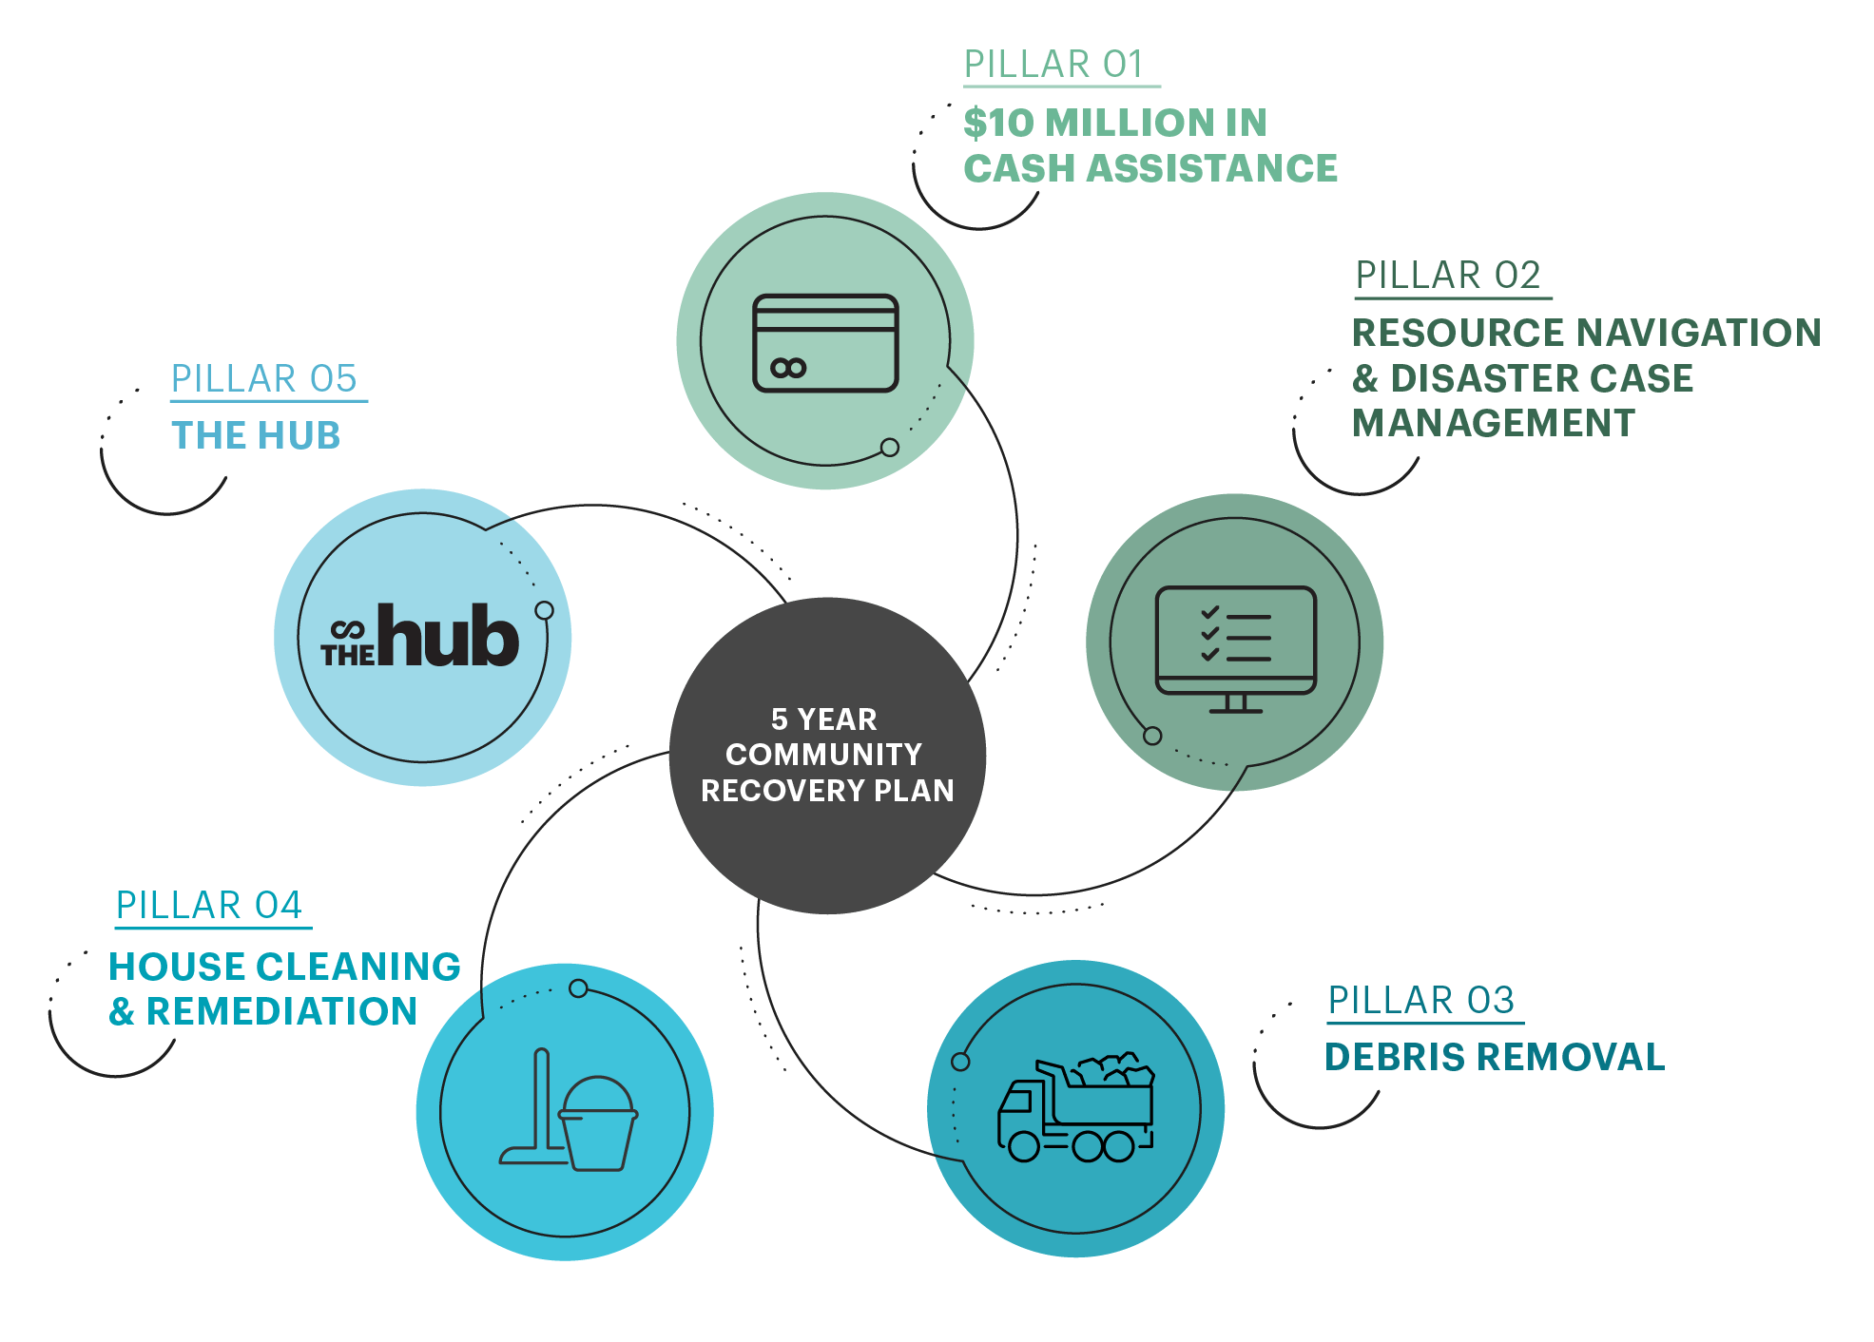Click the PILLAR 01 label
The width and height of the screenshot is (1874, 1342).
(x=1053, y=65)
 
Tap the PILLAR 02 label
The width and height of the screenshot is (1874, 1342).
(x=1447, y=276)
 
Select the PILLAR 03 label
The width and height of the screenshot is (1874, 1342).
(x=1420, y=1001)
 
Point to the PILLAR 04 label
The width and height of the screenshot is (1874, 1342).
(x=208, y=906)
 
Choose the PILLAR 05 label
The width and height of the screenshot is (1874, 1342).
(x=263, y=379)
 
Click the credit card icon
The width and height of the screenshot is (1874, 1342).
(x=825, y=343)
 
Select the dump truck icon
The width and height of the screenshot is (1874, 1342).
(x=1075, y=1108)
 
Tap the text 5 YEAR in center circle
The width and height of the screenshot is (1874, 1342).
(x=823, y=719)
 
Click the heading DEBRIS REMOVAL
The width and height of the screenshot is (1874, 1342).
(x=1495, y=1058)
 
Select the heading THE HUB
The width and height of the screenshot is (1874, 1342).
(x=256, y=436)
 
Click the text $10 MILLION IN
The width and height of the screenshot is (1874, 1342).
(x=1115, y=123)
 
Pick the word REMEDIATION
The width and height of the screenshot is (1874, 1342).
(x=281, y=1012)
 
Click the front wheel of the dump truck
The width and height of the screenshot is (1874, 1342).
(x=1024, y=1146)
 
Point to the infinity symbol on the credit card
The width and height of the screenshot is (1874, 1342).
(x=788, y=368)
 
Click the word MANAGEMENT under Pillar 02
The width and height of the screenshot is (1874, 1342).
(x=1494, y=424)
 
